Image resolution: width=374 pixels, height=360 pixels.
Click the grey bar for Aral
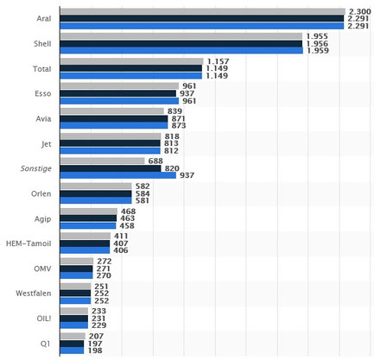click(x=203, y=11)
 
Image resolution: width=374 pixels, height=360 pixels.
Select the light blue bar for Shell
click(x=181, y=51)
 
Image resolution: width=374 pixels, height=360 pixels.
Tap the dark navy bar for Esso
click(x=118, y=93)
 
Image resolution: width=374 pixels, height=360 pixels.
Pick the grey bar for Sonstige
click(x=103, y=161)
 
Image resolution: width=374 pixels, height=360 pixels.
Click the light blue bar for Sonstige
click(x=118, y=175)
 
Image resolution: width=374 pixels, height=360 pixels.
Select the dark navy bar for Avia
click(x=114, y=118)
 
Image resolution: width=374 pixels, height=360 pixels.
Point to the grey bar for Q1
click(x=73, y=336)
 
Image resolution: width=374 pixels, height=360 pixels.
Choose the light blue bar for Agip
click(x=88, y=225)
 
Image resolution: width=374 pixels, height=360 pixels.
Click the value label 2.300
click(x=360, y=11)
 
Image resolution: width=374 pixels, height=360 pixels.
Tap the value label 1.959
click(x=318, y=51)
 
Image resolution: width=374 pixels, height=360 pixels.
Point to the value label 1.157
click(x=218, y=61)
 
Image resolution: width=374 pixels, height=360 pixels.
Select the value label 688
click(x=155, y=161)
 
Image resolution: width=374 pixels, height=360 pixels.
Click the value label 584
click(x=143, y=193)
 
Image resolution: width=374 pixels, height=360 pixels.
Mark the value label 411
click(x=121, y=236)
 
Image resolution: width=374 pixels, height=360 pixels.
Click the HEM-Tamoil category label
click(x=29, y=243)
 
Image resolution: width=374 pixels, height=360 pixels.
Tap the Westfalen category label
click(x=34, y=294)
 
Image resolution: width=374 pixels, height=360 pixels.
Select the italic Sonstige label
click(x=36, y=168)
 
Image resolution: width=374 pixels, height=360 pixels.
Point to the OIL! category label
click(x=44, y=319)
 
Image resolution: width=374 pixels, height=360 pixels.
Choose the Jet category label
click(x=46, y=143)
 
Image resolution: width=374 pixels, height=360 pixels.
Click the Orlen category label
click(x=41, y=193)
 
